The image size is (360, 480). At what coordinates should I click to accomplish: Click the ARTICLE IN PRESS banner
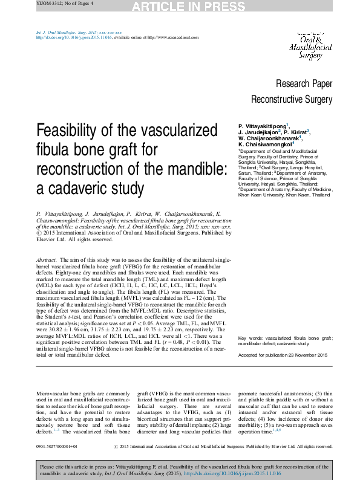180,7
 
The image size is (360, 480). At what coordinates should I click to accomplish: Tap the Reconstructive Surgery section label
292,99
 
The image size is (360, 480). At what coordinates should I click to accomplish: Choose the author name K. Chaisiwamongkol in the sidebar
264,144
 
